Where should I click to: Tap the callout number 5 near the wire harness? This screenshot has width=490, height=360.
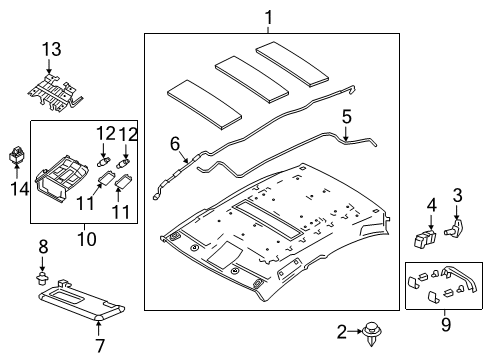(346, 117)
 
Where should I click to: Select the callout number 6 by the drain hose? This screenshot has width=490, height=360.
(175, 144)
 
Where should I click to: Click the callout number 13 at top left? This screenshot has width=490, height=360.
(50, 51)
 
